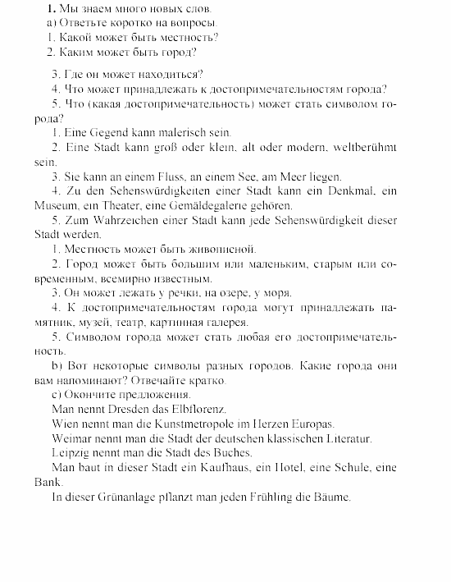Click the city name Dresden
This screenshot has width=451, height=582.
pos(131,408)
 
